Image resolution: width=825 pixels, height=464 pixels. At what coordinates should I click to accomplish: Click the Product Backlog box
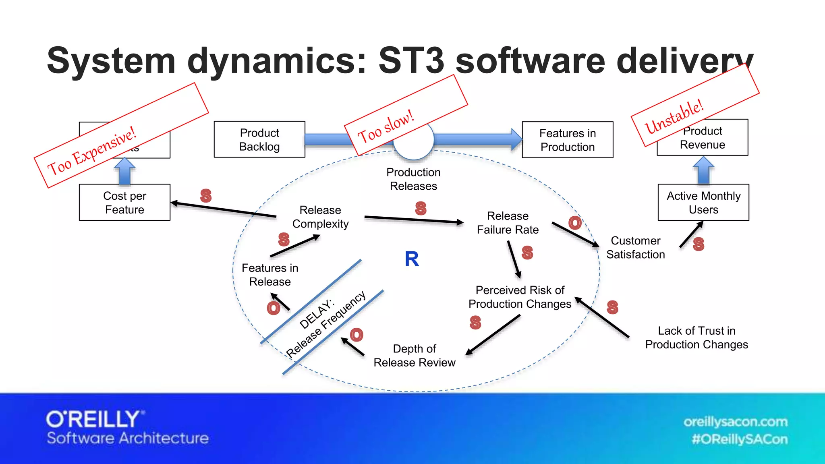pyautogui.click(x=259, y=139)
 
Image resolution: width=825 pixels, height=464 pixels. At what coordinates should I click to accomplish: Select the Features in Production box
pyautogui.click(x=567, y=140)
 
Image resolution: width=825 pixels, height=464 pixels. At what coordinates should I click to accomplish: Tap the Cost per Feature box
pyautogui.click(x=124, y=203)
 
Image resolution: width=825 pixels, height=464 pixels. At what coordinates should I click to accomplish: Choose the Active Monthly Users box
pyautogui.click(x=703, y=203)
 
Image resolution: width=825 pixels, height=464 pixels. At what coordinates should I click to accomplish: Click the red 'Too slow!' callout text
pyautogui.click(x=386, y=126)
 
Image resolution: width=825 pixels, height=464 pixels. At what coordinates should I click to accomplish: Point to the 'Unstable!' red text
pyautogui.click(x=674, y=116)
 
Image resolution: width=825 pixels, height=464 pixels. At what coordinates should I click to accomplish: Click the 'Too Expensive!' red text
pyautogui.click(x=92, y=151)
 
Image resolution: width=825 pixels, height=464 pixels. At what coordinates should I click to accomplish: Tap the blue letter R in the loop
pyautogui.click(x=412, y=259)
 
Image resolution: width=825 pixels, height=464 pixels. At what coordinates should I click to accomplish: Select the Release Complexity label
pyautogui.click(x=320, y=217)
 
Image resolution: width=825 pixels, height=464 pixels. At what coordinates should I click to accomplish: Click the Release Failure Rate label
pyautogui.click(x=508, y=223)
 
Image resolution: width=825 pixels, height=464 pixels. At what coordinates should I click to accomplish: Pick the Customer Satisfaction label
pyautogui.click(x=635, y=248)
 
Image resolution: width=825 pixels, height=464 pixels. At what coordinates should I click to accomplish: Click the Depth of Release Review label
pyautogui.click(x=414, y=356)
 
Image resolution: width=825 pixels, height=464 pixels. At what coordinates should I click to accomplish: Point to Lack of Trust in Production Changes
pyautogui.click(x=696, y=338)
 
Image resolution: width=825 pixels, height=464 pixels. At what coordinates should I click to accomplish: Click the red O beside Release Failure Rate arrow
pyautogui.click(x=575, y=223)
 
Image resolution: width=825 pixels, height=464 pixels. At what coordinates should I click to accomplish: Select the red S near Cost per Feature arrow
pyautogui.click(x=206, y=196)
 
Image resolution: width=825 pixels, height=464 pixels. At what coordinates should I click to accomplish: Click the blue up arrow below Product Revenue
pyautogui.click(x=703, y=170)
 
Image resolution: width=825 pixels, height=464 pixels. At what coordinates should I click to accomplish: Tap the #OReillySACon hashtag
pyautogui.click(x=739, y=439)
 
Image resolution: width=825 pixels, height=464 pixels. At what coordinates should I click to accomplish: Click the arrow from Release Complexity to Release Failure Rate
pyautogui.click(x=414, y=220)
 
